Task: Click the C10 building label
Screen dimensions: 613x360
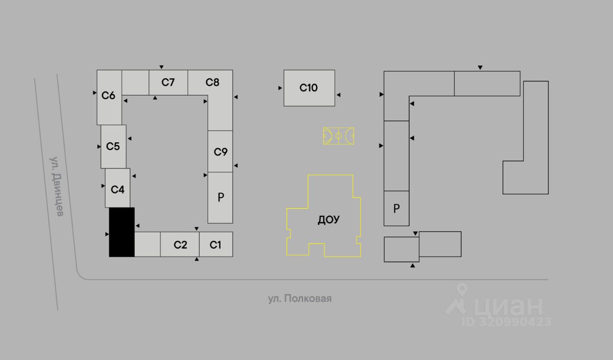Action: [x=308, y=88]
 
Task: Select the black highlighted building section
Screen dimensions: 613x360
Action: [x=122, y=232]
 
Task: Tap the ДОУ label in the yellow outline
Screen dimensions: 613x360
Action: [x=329, y=220]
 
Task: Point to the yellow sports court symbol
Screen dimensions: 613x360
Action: [x=339, y=136]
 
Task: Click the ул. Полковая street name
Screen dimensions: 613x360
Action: [x=300, y=298]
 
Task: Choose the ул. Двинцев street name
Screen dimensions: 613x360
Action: [x=57, y=187]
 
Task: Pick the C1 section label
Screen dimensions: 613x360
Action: [x=216, y=245]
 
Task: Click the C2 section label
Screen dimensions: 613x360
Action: [x=181, y=245]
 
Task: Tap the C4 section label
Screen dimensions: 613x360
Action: [x=117, y=190]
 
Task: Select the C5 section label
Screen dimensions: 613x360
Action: [x=113, y=146]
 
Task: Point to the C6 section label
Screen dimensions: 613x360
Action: [x=108, y=95]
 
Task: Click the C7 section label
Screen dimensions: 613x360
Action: [x=168, y=82]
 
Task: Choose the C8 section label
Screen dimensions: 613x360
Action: [x=212, y=82]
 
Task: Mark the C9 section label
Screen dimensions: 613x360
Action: [x=221, y=152]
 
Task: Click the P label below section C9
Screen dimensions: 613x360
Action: [x=221, y=197]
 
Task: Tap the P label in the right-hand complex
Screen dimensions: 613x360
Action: [x=397, y=209]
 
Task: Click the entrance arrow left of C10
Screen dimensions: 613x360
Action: [x=280, y=88]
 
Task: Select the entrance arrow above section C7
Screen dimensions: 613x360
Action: [x=161, y=67]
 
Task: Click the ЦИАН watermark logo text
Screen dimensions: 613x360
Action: [x=508, y=306]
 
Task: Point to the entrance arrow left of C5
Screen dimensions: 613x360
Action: [x=99, y=146]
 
